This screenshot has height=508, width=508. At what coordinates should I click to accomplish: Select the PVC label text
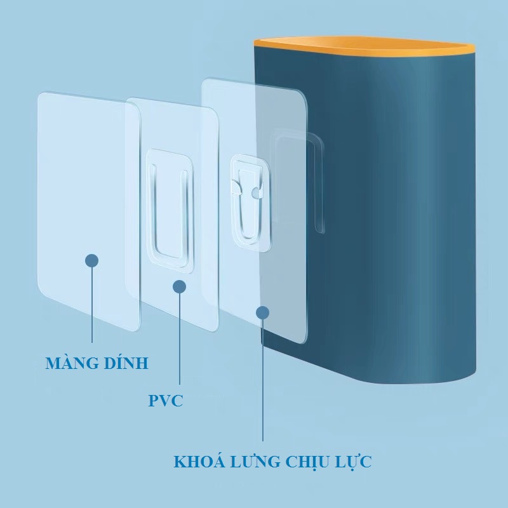[x=166, y=401]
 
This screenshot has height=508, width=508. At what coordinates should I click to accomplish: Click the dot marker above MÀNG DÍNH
[x=92, y=260]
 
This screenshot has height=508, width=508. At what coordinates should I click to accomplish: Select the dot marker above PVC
[x=179, y=286]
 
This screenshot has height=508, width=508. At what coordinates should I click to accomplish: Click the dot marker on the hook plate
[x=263, y=312]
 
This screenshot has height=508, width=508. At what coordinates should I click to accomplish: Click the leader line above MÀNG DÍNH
[x=93, y=305]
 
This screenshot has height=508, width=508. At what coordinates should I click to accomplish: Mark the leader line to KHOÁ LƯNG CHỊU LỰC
[x=263, y=381]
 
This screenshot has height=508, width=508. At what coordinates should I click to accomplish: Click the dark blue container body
[x=406, y=222]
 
